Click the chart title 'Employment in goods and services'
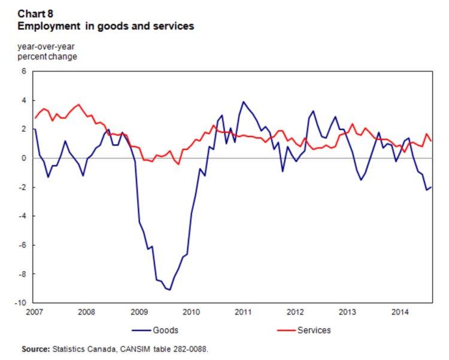[105, 26]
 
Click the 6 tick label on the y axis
[24, 71]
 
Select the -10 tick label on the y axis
[21, 303]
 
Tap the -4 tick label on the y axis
[23, 216]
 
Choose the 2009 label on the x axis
[139, 312]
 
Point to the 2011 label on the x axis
[243, 312]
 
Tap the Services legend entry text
[314, 330]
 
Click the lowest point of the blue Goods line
[170, 290]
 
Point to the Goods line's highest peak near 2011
[243, 102]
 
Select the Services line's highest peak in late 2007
[78, 105]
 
